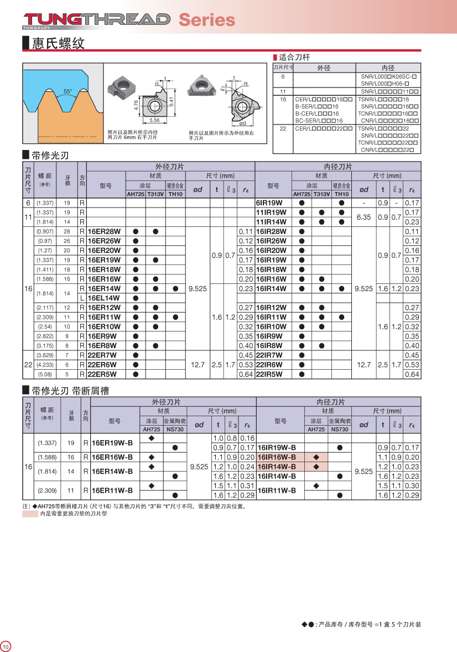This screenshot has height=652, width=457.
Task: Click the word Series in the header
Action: click(x=206, y=20)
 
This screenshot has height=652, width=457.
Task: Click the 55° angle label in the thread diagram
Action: click(x=67, y=91)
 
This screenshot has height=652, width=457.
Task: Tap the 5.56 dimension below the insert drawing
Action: click(x=154, y=120)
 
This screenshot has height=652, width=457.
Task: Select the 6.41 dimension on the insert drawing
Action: click(x=172, y=102)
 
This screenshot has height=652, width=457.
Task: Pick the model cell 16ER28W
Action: click(x=104, y=231)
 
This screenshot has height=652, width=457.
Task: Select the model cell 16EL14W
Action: click(x=104, y=298)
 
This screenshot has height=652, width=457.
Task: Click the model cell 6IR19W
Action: click(x=269, y=203)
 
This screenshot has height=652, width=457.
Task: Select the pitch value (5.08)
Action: click(x=45, y=374)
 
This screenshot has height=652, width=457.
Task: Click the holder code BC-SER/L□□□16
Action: click(x=319, y=121)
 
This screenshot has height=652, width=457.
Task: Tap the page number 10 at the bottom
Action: click(x=6, y=646)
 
